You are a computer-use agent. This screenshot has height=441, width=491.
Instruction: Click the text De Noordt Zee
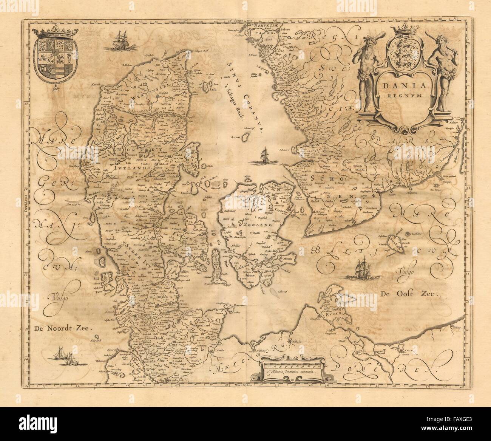pos(63,328)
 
